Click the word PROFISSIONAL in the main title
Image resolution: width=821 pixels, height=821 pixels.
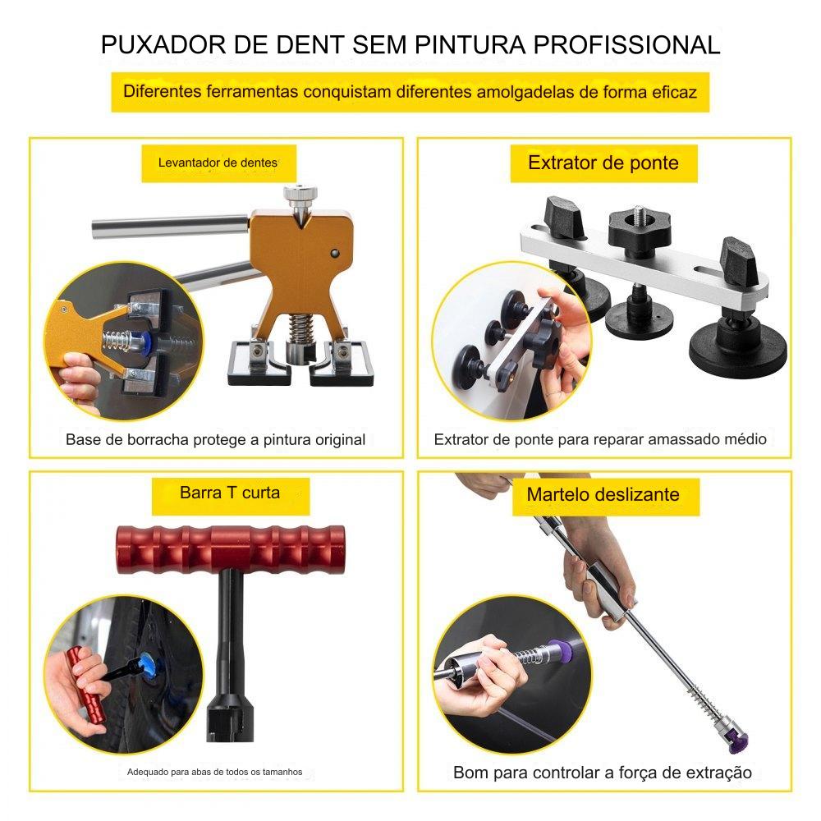[626, 45]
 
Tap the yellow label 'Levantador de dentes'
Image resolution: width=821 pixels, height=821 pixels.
[219, 163]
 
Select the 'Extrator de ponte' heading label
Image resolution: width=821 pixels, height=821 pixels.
[603, 163]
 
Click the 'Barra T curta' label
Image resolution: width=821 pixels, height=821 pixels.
[231, 495]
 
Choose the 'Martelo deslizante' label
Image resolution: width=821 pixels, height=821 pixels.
[605, 495]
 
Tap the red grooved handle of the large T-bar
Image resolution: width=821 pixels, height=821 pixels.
[231, 550]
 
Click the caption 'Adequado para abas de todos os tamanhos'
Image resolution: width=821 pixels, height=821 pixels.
[214, 772]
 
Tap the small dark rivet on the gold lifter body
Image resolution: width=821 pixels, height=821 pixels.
[335, 254]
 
